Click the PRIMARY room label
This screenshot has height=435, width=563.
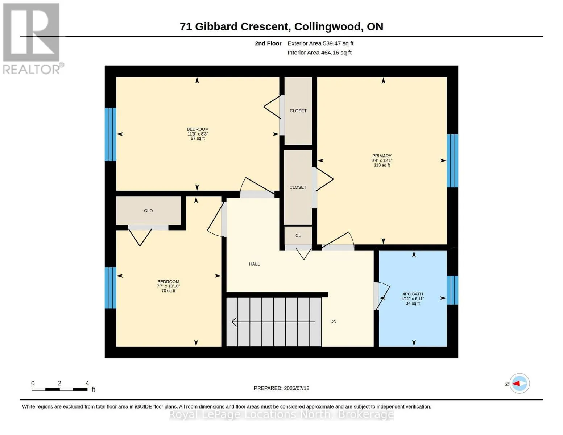[382, 156]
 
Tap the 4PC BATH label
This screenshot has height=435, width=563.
[413, 294]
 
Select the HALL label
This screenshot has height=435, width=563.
[254, 264]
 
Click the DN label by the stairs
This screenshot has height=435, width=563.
[333, 321]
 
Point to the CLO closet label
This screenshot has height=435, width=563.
[148, 211]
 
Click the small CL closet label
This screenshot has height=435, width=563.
[298, 235]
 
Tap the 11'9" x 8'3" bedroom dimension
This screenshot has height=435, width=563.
[198, 134]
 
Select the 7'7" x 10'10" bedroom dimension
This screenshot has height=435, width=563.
[168, 286]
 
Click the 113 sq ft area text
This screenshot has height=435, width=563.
[382, 165]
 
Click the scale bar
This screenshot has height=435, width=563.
[59, 389]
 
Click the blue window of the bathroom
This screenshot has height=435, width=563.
[452, 290]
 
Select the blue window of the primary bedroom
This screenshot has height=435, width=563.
[452, 161]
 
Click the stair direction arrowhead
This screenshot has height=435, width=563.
[234, 322]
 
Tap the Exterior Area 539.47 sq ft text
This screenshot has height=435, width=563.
[320, 43]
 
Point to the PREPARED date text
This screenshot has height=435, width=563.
[281, 388]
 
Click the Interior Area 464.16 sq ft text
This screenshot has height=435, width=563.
[319, 53]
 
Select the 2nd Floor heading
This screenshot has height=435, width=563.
[268, 43]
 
